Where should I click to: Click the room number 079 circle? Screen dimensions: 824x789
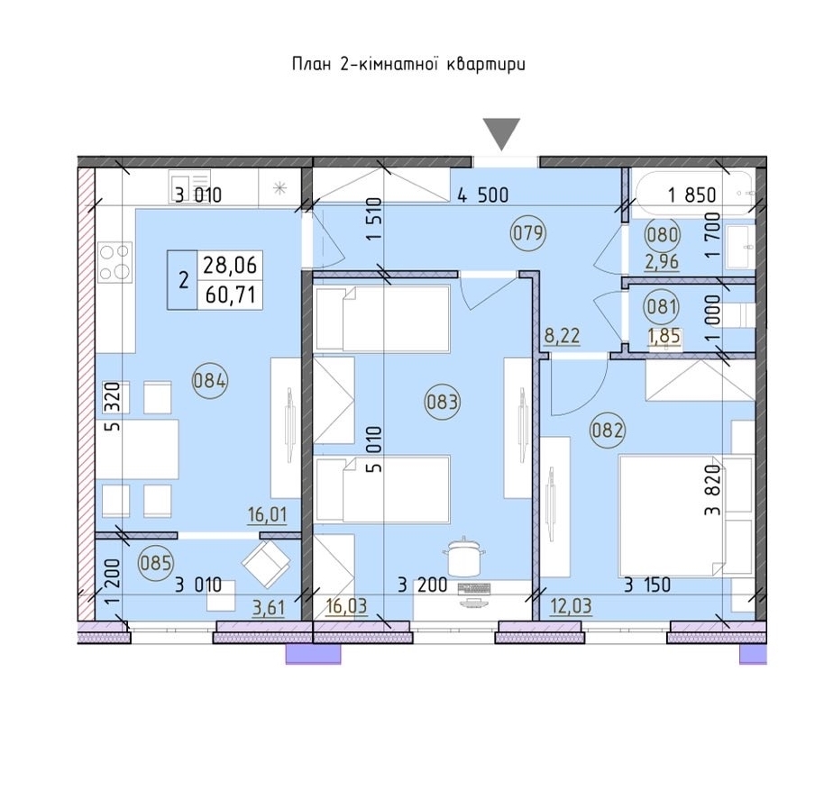(x=528, y=232)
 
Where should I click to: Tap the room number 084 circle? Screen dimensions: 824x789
(x=209, y=380)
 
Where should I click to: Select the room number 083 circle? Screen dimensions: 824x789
(x=442, y=403)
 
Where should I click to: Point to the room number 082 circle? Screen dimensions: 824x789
(x=608, y=431)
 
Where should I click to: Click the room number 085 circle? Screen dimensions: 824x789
(x=156, y=563)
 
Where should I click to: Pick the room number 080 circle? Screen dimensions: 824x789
(x=662, y=234)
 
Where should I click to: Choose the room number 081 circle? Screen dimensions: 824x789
(x=662, y=306)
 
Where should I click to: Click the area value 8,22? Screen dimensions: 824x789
(x=562, y=335)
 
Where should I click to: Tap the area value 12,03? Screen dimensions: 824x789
(x=572, y=606)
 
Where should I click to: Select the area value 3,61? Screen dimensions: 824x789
(x=269, y=608)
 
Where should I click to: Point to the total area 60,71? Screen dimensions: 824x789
(x=230, y=295)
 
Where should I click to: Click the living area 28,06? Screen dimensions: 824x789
(x=230, y=265)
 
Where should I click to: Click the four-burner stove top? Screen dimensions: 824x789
(x=115, y=261)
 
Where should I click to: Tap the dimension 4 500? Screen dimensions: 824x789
(x=483, y=195)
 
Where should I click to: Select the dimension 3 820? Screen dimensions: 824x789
(x=713, y=490)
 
